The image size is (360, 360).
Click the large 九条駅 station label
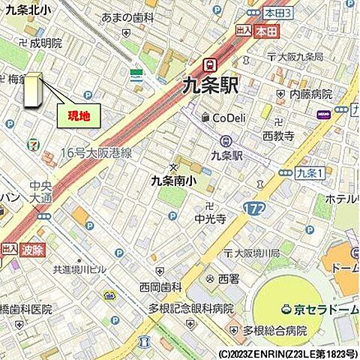pos(211,86)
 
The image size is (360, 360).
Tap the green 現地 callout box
pos(79,115)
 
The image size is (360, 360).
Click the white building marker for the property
pos(33,91)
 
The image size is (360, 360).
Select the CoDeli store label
pos(229,117)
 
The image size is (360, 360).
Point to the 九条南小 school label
pos(174,180)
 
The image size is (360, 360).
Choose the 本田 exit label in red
pos(262,32)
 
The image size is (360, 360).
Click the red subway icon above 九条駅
pos(211,64)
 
